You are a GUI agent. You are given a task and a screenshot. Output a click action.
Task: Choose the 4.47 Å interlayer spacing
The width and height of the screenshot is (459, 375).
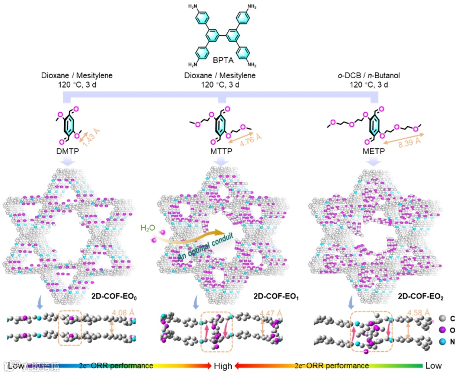(271, 314)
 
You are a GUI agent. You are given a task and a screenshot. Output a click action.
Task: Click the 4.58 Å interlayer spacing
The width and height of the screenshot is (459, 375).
(417, 314)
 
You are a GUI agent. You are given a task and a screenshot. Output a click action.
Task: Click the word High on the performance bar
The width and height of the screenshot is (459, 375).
(223, 366)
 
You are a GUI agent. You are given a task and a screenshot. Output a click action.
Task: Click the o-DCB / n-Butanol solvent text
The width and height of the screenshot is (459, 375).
(369, 76)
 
